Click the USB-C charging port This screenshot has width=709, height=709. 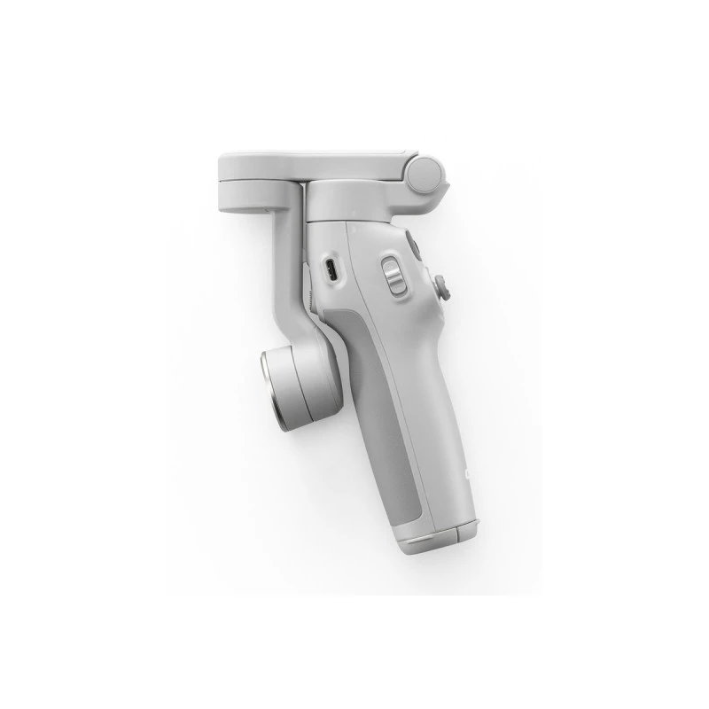click(x=330, y=269)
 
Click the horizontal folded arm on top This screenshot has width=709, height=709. click(x=319, y=161)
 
